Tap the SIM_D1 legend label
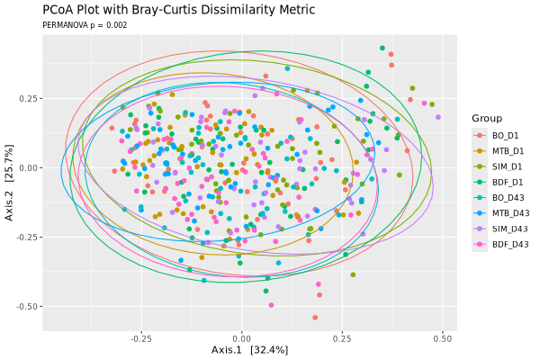click(507, 166)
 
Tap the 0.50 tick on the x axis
click(443, 339)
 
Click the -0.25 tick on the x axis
click(141, 339)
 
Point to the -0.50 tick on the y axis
click(26, 307)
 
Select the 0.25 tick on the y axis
click(28, 98)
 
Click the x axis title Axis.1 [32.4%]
click(249, 350)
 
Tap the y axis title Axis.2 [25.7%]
click(9, 183)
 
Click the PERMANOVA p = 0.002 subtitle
click(85, 25)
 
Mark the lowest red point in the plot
click(315, 318)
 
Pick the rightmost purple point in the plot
click(438, 117)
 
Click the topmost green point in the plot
click(382, 48)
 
